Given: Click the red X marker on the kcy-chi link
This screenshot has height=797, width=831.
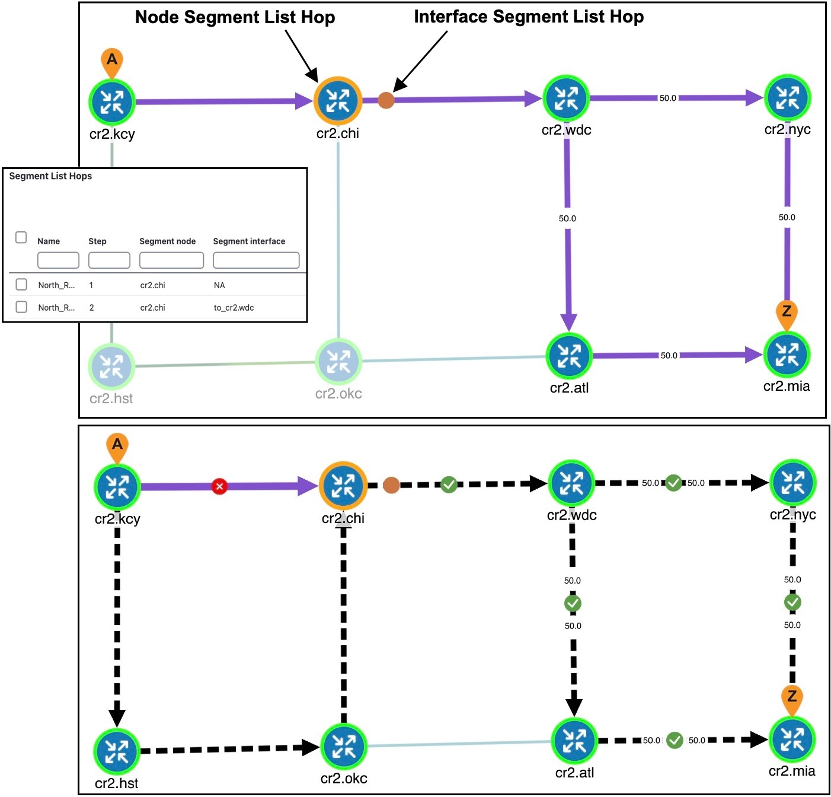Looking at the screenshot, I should [x=219, y=487].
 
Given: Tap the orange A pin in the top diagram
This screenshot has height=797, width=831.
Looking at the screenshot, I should [x=112, y=61].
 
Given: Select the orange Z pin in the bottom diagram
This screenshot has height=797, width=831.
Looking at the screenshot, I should [x=792, y=698].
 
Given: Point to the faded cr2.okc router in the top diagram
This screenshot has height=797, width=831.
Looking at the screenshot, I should [x=338, y=361].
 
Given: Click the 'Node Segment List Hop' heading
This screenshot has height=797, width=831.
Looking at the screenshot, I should [x=235, y=17].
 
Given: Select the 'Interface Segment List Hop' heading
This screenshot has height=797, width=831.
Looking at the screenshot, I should [x=528, y=17].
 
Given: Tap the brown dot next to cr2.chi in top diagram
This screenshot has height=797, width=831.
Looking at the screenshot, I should [x=386, y=100].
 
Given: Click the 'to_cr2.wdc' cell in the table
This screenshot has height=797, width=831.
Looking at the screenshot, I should [x=234, y=308].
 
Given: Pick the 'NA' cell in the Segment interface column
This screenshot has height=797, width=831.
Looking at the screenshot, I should [x=219, y=285].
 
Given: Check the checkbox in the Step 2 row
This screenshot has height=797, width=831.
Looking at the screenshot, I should [x=21, y=307].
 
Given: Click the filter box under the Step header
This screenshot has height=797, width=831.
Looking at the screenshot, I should [x=109, y=260].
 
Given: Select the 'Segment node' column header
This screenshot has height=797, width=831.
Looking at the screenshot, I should [x=167, y=241].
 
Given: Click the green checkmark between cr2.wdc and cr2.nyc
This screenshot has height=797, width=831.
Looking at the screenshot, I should [x=673, y=483].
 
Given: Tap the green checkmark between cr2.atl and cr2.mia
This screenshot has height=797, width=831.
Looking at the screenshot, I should [x=675, y=740].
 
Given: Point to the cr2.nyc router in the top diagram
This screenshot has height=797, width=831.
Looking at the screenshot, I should [x=787, y=98].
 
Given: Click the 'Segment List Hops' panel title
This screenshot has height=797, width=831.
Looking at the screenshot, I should [x=50, y=176].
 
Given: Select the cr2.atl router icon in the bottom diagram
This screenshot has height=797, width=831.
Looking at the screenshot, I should [x=574, y=741].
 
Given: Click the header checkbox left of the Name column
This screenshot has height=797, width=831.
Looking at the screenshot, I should [x=21, y=238].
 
